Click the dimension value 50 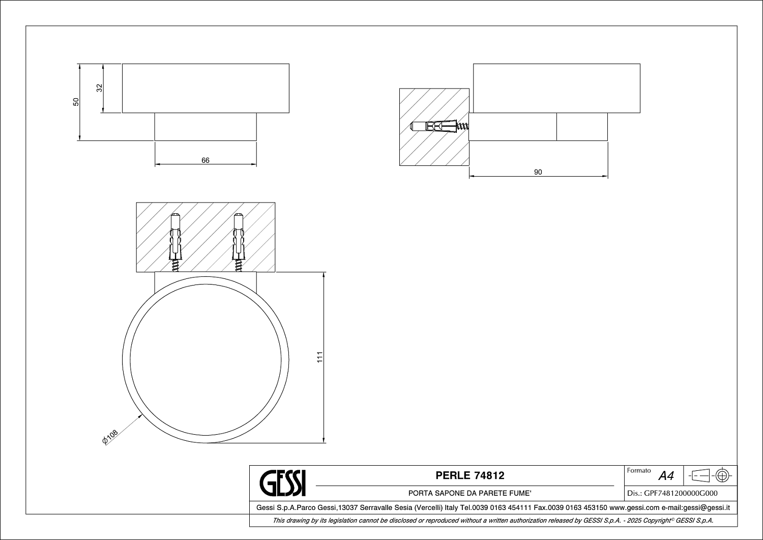[76, 102]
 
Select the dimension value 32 [99, 88]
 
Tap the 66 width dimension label [206, 160]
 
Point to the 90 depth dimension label [538, 172]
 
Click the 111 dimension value [319, 357]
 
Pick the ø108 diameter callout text [110, 437]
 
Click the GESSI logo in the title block [283, 484]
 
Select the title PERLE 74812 [469, 475]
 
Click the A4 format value [666, 476]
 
